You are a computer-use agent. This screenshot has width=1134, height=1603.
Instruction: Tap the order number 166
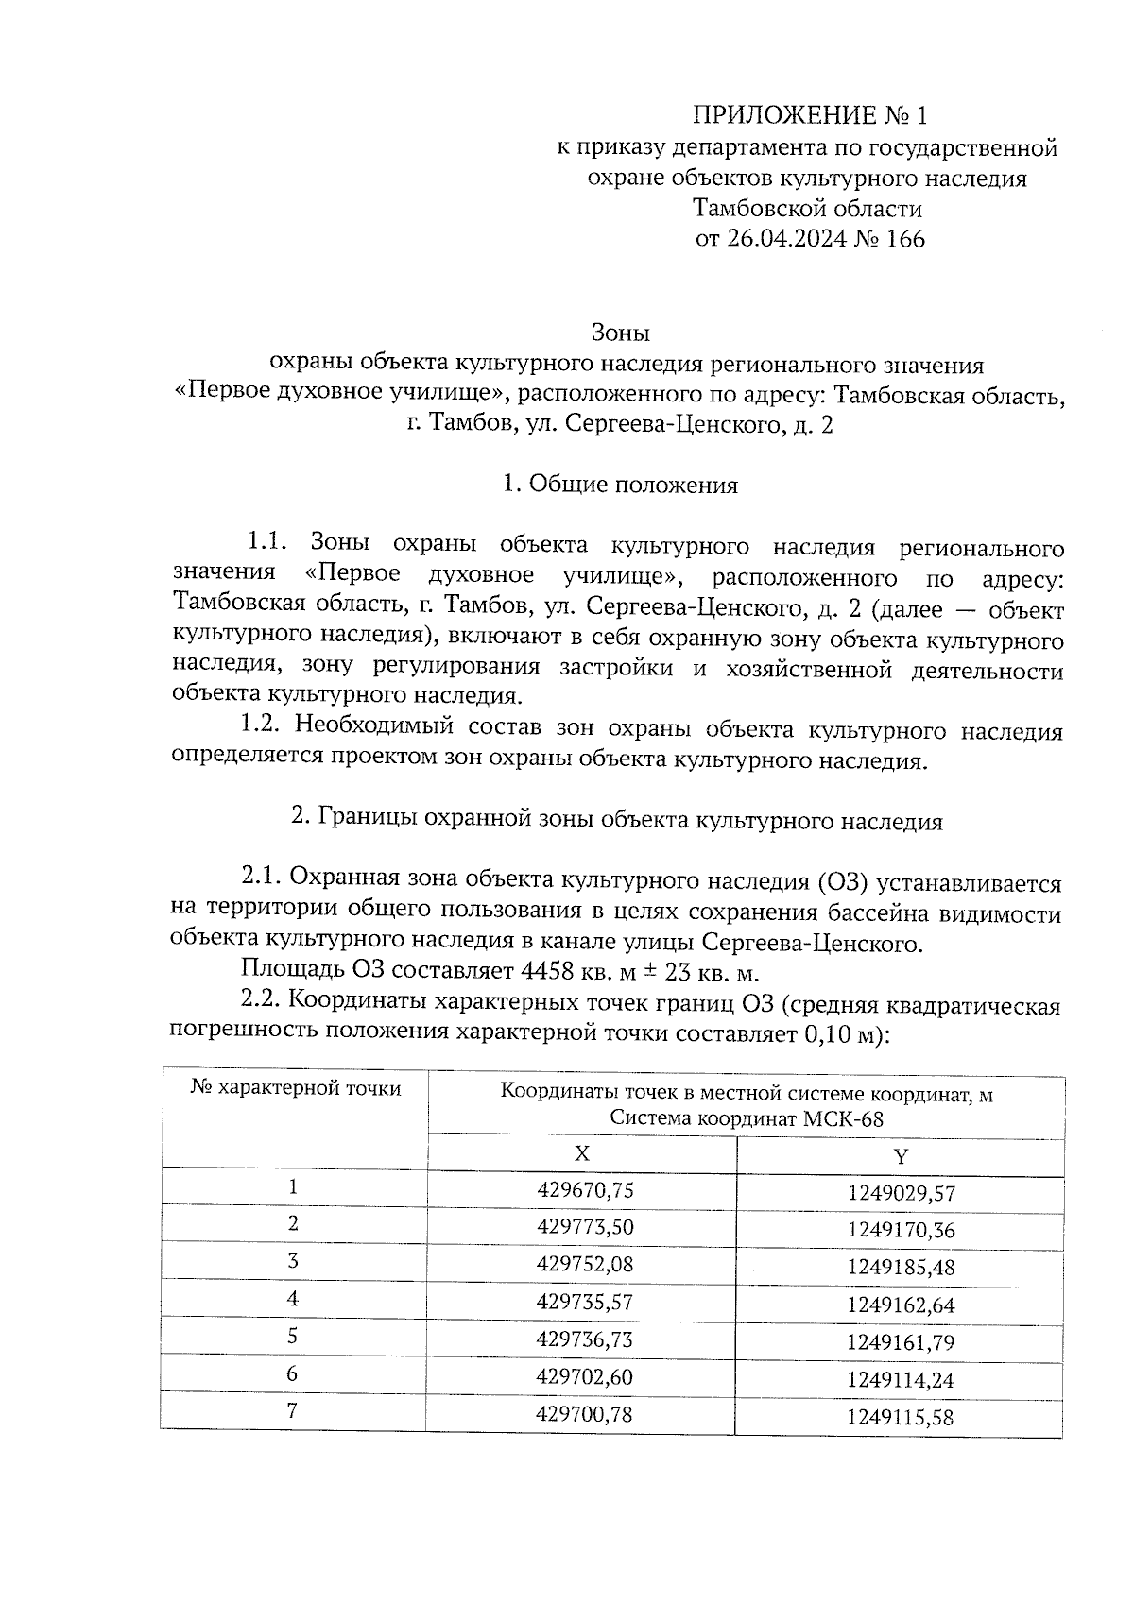pyautogui.click(x=904, y=238)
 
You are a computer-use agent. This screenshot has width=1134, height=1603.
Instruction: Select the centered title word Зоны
pyautogui.click(x=621, y=333)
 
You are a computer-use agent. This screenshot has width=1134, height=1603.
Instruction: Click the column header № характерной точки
pyautogui.click(x=295, y=1088)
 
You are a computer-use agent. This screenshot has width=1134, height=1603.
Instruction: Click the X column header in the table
pyautogui.click(x=582, y=1153)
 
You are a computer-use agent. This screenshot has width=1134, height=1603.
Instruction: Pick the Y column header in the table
pyautogui.click(x=901, y=1156)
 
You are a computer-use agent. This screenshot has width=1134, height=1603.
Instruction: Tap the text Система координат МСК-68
pyautogui.click(x=747, y=1118)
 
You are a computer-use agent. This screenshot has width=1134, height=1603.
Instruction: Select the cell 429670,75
pyautogui.click(x=584, y=1190)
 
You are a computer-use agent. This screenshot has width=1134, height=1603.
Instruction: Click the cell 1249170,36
pyautogui.click(x=901, y=1230)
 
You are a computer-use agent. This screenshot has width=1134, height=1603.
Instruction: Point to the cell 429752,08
pyautogui.click(x=584, y=1264)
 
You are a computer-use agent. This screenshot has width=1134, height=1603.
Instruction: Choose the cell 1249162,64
pyautogui.click(x=901, y=1305)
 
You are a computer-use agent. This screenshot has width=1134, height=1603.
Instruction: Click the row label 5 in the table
pyautogui.click(x=293, y=1336)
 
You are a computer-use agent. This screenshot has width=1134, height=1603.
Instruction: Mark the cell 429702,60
pyautogui.click(x=584, y=1376)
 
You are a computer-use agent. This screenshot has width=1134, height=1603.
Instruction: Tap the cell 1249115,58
pyautogui.click(x=901, y=1417)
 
